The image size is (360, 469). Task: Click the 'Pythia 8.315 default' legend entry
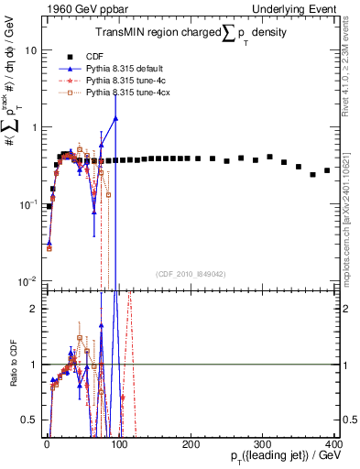[x=130, y=68]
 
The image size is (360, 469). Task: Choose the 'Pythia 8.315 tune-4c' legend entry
[x=130, y=81]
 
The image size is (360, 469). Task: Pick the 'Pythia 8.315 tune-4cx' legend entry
[x=132, y=93]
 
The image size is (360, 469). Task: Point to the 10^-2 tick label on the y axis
[x=27, y=280]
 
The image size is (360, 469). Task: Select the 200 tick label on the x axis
[x=191, y=443]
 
